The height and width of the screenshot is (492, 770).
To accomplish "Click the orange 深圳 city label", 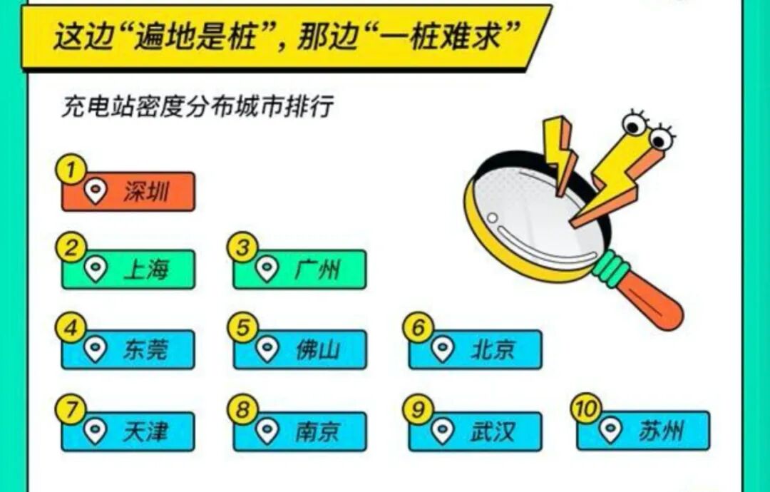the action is (128, 191).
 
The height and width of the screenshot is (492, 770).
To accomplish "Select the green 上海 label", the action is (128, 270).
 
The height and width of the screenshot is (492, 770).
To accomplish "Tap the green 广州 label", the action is (299, 270).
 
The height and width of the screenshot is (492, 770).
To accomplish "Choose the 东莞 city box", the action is (128, 349).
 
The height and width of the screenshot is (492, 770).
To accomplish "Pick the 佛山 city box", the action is (299, 349).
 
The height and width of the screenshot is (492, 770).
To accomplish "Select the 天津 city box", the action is (128, 431).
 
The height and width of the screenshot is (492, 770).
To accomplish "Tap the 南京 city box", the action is (299, 431).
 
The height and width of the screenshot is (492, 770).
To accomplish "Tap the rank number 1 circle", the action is (70, 170).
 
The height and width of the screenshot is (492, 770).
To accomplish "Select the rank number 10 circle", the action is (586, 409).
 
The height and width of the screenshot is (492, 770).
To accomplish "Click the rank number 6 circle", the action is (419, 329).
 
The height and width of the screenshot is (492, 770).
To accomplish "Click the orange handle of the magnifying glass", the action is (652, 302).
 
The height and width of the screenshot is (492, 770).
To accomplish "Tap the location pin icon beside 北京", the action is (442, 349).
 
